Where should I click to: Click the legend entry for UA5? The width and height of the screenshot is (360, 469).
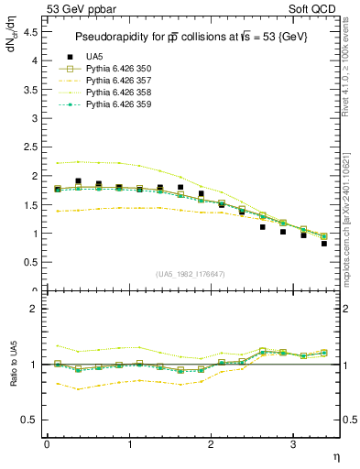93,57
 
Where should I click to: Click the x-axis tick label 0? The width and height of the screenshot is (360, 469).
47,443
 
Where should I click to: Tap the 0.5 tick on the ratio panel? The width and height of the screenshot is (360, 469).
30,420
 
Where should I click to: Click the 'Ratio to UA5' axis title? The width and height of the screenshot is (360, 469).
13,365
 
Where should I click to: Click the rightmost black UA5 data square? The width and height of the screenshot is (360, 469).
324,244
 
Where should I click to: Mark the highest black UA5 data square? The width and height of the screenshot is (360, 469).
78,181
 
